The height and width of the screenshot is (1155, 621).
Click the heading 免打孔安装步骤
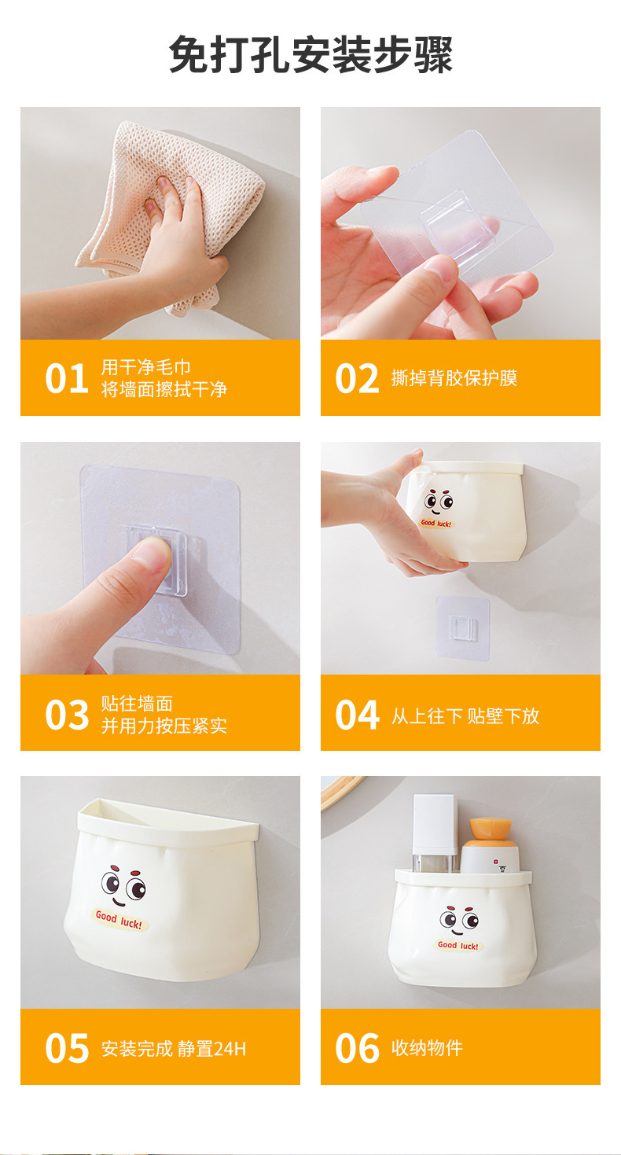tap(310, 54)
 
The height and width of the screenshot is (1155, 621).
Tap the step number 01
tap(67, 379)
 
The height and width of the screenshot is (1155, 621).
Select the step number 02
tap(357, 378)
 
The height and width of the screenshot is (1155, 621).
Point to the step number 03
tap(67, 715)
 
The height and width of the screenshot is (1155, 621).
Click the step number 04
tap(357, 715)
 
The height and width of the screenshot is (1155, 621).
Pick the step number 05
tap(67, 1048)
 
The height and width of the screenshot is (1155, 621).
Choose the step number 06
tap(357, 1048)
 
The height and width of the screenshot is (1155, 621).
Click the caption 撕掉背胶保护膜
tap(454, 378)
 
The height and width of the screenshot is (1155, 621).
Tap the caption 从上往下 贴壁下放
tap(465, 715)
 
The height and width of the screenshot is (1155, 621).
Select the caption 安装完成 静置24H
tap(174, 1049)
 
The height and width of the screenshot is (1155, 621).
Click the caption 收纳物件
tap(427, 1048)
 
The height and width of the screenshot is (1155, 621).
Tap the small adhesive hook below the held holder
tap(462, 627)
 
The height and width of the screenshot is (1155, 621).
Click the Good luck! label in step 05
tap(119, 919)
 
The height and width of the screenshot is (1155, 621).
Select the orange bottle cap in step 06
tap(490, 828)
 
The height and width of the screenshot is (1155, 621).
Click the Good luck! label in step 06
tap(457, 945)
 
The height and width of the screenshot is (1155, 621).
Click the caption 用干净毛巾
tap(146, 367)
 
